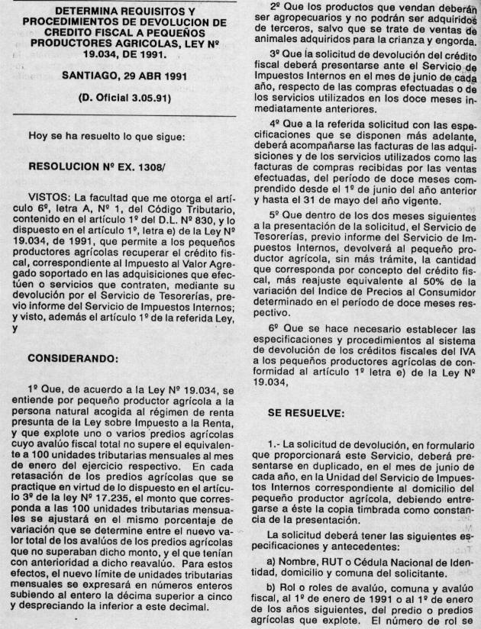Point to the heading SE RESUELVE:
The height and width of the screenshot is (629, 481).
(x=306, y=412)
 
